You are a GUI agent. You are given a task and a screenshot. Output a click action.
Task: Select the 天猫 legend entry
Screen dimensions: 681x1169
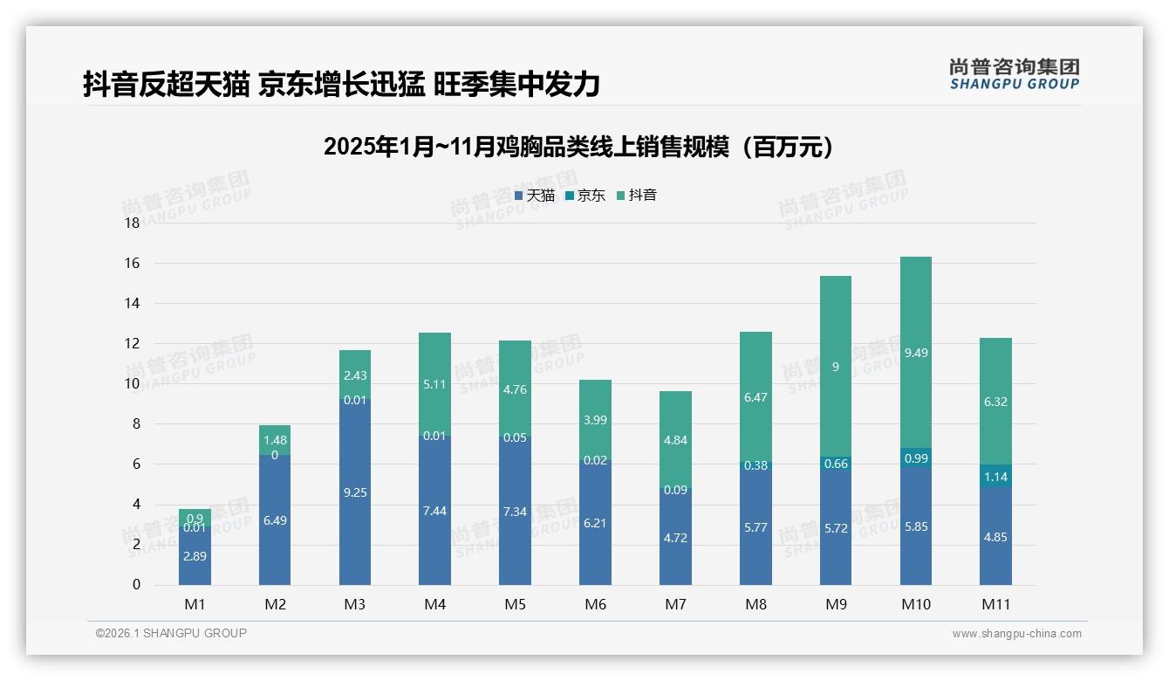click(535, 196)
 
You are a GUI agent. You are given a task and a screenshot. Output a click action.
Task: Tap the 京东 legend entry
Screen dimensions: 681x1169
click(585, 196)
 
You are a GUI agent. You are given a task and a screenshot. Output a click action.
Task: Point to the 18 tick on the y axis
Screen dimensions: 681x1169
click(132, 223)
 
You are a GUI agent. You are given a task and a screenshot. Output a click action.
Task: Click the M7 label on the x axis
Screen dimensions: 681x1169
click(675, 604)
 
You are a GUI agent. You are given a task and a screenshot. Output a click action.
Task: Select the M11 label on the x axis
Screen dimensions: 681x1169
click(995, 604)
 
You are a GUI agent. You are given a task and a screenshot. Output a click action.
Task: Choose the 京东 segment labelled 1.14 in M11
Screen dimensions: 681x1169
click(995, 477)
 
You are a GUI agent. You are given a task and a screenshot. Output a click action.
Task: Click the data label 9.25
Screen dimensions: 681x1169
click(355, 492)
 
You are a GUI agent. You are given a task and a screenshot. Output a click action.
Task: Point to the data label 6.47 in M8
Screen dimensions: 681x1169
click(755, 397)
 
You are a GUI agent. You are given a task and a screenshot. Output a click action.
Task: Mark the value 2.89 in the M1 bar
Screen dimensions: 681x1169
click(195, 556)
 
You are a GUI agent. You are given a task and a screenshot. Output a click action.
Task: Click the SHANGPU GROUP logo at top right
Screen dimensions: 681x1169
click(1014, 74)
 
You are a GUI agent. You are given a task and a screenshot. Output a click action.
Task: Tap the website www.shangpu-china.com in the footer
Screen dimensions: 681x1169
click(1016, 634)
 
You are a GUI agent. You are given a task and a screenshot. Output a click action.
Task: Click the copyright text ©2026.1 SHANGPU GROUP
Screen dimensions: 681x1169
click(171, 633)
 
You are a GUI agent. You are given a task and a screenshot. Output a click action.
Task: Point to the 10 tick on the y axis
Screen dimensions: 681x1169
click(132, 384)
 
